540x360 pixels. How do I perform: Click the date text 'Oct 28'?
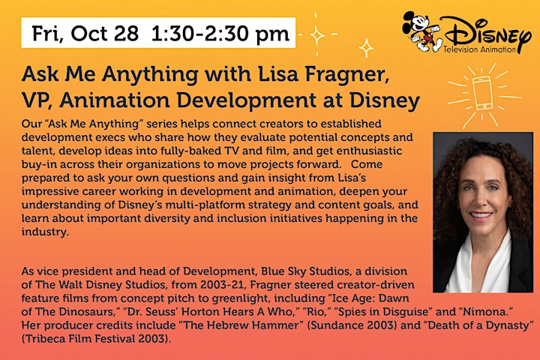pos(105,33)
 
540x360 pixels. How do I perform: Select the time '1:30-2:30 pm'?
pos(220,34)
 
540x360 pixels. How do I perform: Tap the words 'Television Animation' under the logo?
pos(479,49)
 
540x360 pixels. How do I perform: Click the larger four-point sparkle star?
pos(316,34)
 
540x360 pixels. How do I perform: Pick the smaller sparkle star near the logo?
pos(366,47)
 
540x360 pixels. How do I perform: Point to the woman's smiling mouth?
pos(481,216)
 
